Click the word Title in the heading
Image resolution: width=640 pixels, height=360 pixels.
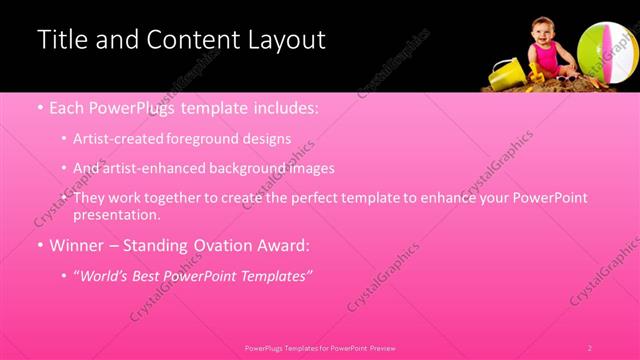point(61,40)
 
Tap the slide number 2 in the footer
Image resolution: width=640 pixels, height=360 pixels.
point(590,348)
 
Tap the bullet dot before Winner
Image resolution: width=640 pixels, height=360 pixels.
point(40,245)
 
